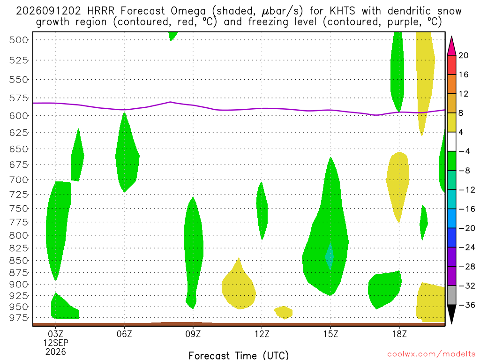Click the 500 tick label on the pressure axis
(18, 40)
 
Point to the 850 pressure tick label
(18, 261)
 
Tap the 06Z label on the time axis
(124, 334)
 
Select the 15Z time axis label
(330, 334)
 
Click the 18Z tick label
(399, 334)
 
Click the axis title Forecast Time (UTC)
(239, 355)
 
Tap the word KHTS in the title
(342, 11)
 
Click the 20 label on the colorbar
(463, 55)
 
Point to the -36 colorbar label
(467, 305)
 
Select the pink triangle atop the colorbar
(451, 46)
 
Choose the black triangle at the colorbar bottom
(451, 314)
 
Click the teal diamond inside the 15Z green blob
(330, 256)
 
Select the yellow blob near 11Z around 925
(238, 286)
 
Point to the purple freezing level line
(239, 109)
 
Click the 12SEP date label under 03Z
(55, 343)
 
